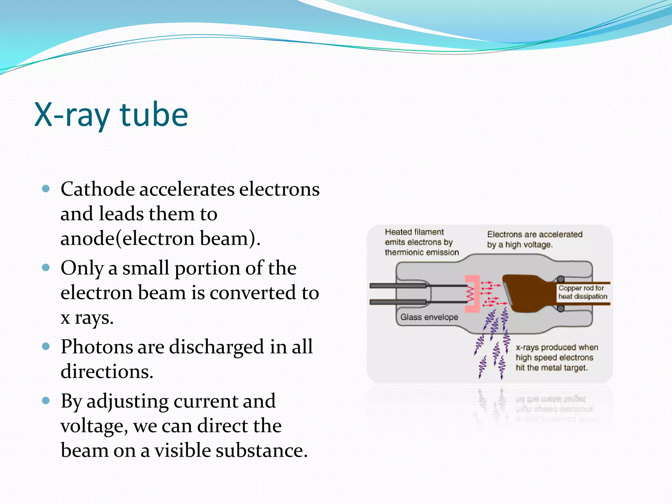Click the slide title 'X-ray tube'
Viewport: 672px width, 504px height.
point(111,115)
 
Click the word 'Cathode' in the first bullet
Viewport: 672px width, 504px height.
point(97,189)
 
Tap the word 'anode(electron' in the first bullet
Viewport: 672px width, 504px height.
point(128,239)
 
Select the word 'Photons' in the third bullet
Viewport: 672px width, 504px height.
point(97,347)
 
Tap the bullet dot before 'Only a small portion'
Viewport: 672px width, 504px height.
point(46,268)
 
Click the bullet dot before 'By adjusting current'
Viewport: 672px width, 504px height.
point(46,401)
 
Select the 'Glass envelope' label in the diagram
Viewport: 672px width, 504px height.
point(429,317)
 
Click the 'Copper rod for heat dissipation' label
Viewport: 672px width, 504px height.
point(582,292)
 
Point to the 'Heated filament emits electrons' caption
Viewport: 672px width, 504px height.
point(421,242)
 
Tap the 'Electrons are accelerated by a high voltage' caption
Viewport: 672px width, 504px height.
point(535,240)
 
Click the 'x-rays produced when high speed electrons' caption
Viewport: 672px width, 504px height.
point(556,357)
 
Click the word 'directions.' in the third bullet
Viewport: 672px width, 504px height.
point(107,372)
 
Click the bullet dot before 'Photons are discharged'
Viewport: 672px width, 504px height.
point(46,346)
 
